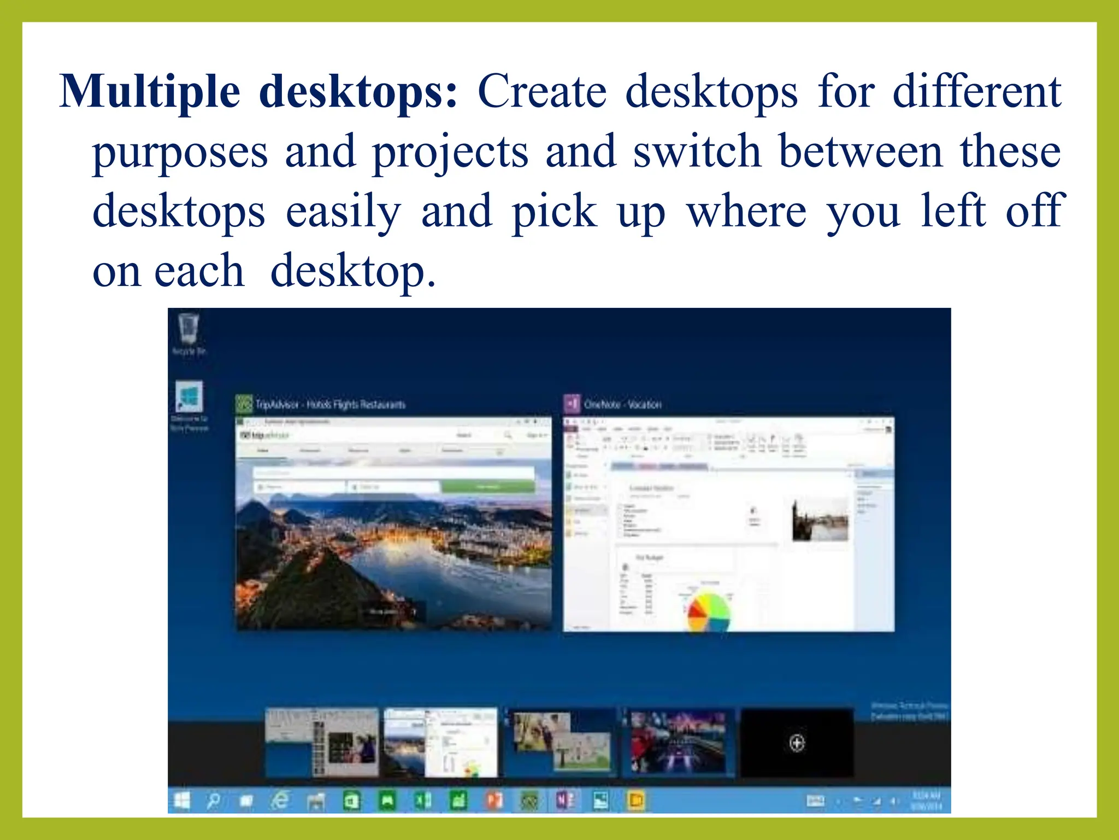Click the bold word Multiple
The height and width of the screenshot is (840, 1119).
coord(149,91)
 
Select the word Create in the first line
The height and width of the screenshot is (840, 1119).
coord(541,91)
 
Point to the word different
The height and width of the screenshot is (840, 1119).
coord(976,91)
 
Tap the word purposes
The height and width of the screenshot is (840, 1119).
coord(180,152)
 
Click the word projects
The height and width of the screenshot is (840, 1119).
coord(450,152)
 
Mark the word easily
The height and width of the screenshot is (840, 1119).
coord(343,212)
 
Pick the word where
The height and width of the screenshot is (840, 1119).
coord(746,212)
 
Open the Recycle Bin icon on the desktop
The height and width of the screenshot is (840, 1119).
coord(189,330)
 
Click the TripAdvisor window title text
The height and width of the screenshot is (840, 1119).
coord(330,405)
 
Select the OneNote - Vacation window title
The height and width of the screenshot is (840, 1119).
coord(622,405)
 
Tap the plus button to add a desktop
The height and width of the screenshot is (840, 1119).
coord(797,743)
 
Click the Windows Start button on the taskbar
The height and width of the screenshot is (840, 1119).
coord(181,801)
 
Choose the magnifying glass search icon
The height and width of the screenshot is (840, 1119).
coord(213,801)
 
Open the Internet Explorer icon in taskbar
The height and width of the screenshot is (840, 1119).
coord(281,801)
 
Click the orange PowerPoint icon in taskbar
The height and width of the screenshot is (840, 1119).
coord(494,801)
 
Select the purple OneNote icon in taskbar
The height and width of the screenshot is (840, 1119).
coord(565,801)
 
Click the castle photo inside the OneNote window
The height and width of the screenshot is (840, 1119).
coord(820,520)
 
